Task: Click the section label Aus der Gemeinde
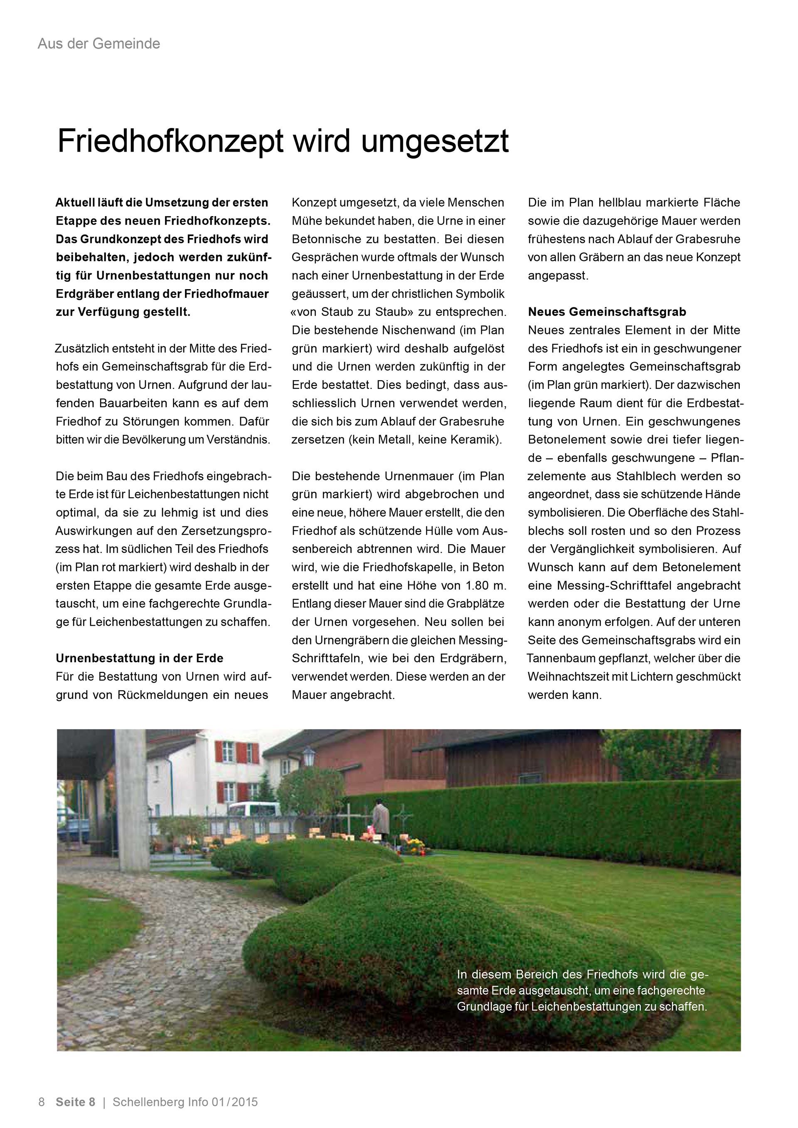coord(99,44)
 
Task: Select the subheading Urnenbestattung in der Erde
coord(140,659)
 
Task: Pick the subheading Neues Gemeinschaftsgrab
coord(607,312)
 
